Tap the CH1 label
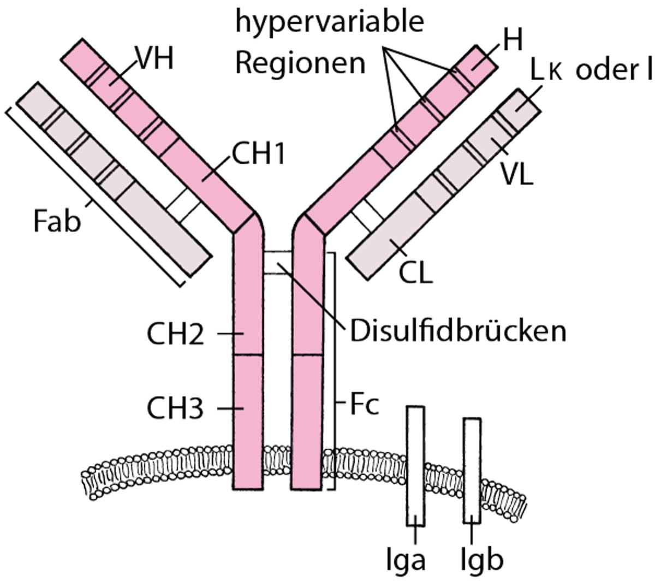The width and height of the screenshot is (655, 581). (258, 155)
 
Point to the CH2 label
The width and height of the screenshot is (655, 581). (175, 334)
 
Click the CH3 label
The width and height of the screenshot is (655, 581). (175, 408)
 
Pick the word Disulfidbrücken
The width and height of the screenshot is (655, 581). (457, 331)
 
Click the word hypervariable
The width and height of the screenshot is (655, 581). (329, 22)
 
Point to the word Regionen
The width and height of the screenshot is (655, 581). (300, 63)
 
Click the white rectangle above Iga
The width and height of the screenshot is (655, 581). (415, 464)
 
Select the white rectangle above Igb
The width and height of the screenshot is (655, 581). (472, 470)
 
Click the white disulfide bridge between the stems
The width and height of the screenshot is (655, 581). (279, 263)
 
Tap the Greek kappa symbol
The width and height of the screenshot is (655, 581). (556, 73)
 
